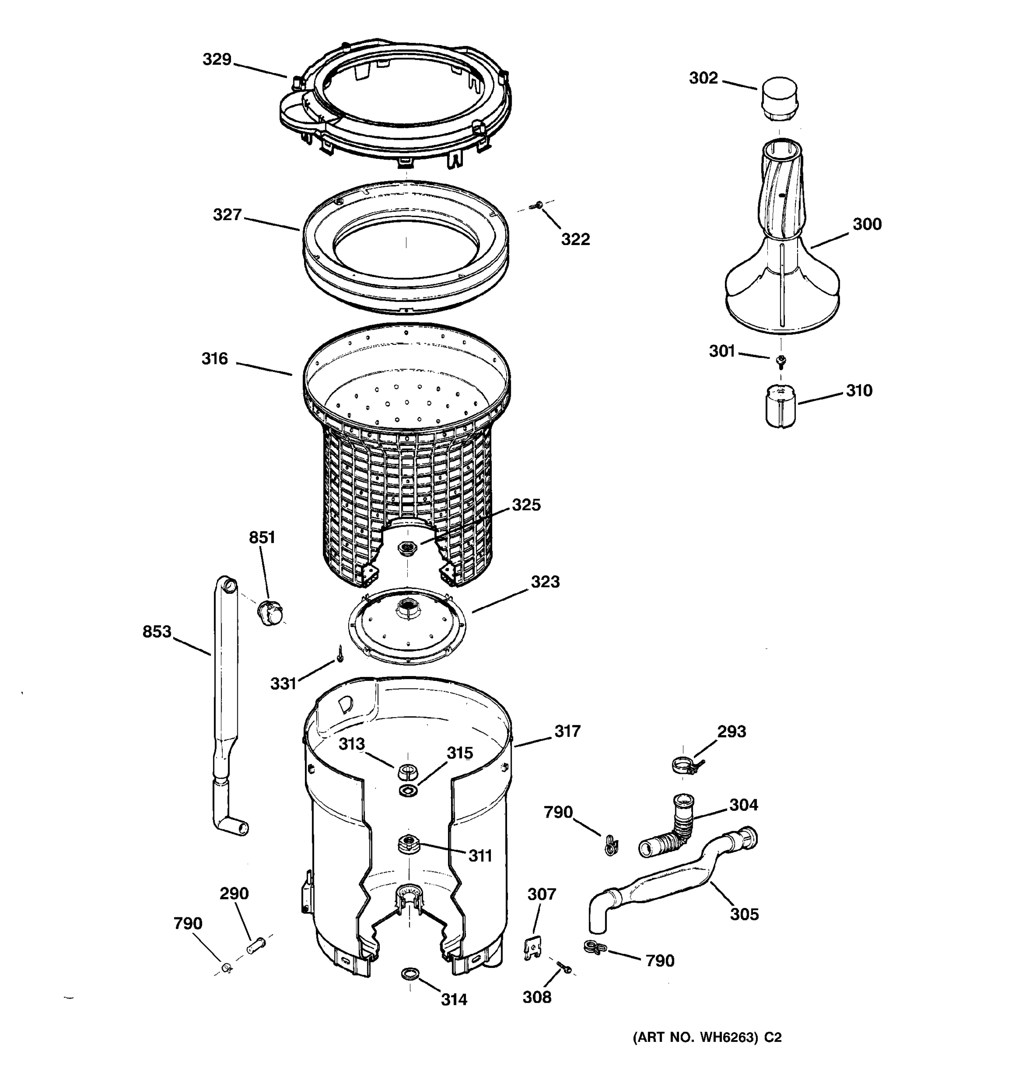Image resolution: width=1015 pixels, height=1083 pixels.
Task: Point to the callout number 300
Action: click(866, 224)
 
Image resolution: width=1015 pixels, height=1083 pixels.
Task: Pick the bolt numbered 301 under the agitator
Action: click(781, 360)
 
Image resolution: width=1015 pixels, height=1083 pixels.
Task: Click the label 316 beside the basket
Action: click(215, 358)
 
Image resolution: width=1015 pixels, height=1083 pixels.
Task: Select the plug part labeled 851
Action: click(270, 612)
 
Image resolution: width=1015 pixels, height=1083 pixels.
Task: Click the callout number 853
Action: click(157, 632)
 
